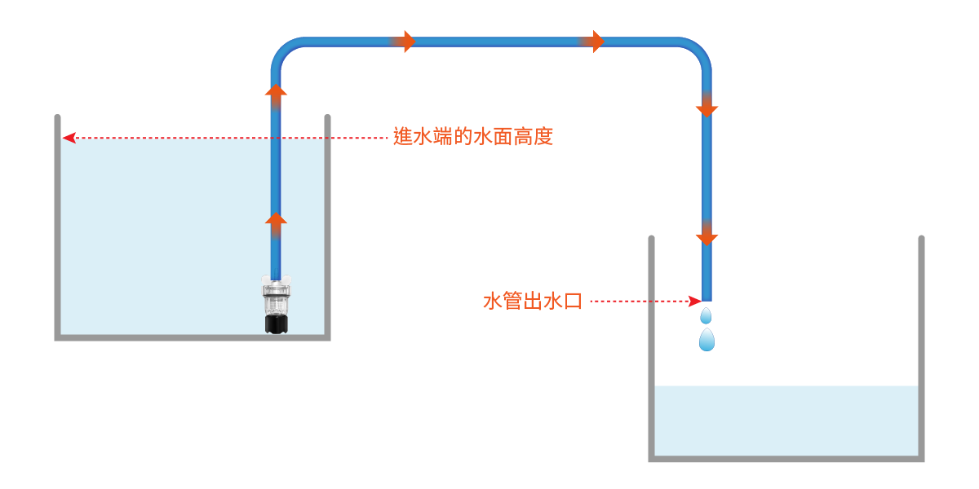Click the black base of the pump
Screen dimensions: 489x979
[277, 325]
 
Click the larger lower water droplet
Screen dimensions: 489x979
[707, 339]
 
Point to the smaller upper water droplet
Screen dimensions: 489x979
[706, 315]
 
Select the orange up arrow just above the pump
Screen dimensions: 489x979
[277, 220]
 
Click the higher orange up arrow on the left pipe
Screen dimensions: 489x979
[277, 91]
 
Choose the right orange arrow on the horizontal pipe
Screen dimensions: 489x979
[597, 42]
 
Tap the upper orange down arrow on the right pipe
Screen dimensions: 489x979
[707, 108]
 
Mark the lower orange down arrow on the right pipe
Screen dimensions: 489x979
[707, 237]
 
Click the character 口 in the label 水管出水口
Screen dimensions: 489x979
[573, 302]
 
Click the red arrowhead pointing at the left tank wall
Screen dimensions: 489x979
[69, 138]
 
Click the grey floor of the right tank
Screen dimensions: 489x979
[786, 458]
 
